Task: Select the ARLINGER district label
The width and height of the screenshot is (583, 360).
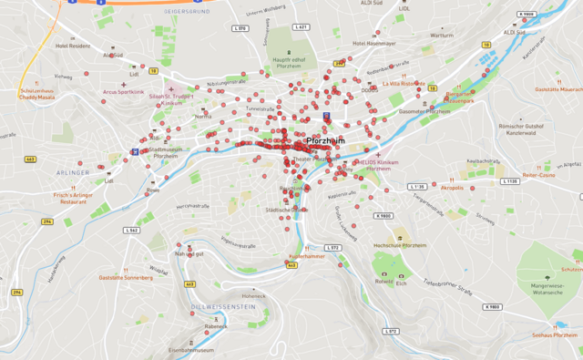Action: click(x=73, y=171)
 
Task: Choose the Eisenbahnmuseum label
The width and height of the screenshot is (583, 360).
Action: click(x=191, y=349)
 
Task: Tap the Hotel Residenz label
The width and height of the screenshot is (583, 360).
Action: click(x=73, y=45)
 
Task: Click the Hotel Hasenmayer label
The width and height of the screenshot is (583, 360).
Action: click(x=374, y=43)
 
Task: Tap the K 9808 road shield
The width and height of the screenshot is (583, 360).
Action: click(x=525, y=15)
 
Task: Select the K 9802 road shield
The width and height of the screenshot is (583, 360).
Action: click(x=493, y=306)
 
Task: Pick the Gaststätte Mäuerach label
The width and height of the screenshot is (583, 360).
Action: click(x=557, y=89)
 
